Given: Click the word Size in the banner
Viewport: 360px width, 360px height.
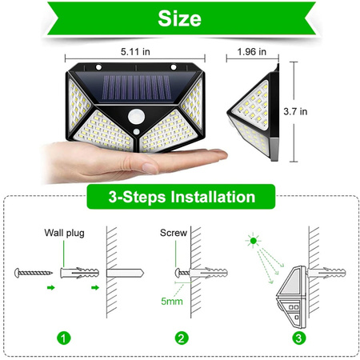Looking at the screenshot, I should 179,18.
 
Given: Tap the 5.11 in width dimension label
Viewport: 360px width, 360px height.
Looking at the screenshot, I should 134,51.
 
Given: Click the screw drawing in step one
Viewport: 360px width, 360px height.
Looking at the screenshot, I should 36,273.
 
